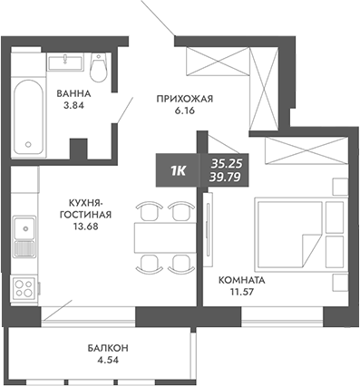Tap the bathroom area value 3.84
click(x=71, y=106)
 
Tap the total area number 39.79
click(x=227, y=176)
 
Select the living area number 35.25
click(x=227, y=162)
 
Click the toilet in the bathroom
click(x=100, y=67)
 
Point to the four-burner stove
click(x=24, y=289)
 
